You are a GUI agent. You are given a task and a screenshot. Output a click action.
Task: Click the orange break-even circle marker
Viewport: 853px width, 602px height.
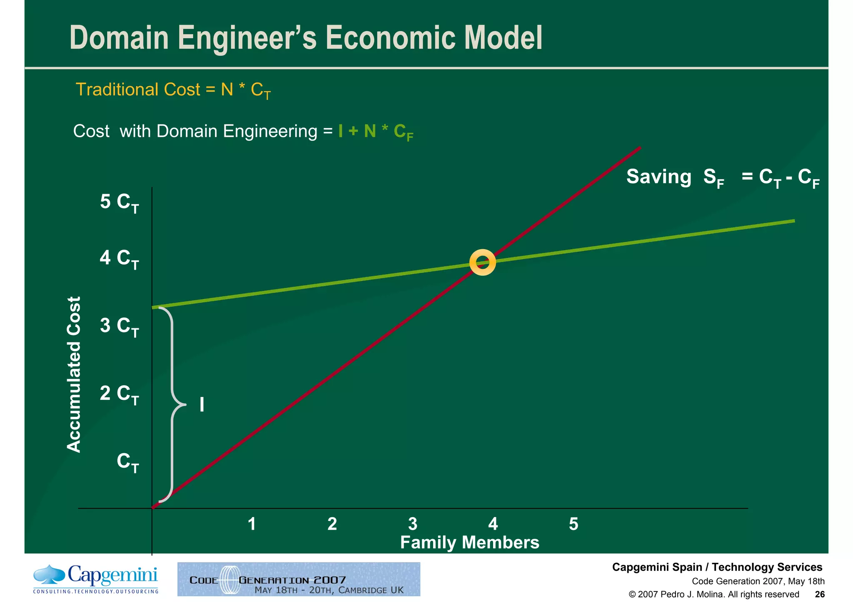[x=482, y=263]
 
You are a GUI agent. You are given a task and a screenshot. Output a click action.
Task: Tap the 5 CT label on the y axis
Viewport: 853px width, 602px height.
[x=119, y=203]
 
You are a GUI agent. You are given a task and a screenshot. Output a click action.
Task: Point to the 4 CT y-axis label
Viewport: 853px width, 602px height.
[x=119, y=259]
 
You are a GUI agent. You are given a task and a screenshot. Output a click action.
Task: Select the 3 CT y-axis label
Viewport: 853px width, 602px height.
[x=119, y=326]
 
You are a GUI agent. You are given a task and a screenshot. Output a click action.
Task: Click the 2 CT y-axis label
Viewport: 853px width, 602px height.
[x=119, y=394]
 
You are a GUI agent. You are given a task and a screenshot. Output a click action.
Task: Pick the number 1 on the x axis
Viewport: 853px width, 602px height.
[x=252, y=524]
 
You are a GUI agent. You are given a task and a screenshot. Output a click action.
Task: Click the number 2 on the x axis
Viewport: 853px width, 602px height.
[x=332, y=524]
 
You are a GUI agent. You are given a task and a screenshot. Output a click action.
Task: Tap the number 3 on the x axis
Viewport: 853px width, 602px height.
[x=412, y=524]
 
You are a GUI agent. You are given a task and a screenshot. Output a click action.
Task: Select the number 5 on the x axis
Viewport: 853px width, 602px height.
[x=574, y=524]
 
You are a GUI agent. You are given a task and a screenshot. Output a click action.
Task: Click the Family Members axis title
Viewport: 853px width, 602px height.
[x=469, y=543]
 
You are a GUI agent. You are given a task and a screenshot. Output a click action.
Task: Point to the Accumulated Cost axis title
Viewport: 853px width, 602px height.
[x=74, y=374]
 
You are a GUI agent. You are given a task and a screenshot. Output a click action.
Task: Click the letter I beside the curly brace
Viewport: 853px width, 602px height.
[x=202, y=405]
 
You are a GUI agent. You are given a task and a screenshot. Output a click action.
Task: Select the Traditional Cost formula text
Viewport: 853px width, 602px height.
[x=173, y=90]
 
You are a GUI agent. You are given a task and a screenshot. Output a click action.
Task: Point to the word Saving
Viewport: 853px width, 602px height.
[x=658, y=176]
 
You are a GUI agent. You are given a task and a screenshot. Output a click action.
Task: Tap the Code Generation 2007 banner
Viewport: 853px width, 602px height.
[x=299, y=579]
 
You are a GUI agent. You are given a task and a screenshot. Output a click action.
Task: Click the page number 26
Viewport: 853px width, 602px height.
[x=820, y=594]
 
